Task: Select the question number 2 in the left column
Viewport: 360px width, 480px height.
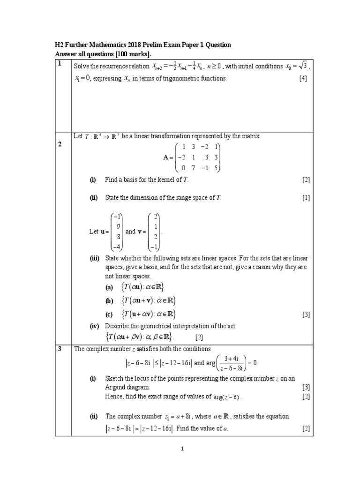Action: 60,144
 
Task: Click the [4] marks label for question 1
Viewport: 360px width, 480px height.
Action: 303,79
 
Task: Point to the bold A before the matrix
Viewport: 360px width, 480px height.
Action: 164,158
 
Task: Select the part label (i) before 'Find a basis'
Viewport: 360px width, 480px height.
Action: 93,180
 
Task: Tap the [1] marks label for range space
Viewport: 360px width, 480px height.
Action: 306,198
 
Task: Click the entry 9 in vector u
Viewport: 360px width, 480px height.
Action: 119,226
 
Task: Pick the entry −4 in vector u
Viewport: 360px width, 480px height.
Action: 118,247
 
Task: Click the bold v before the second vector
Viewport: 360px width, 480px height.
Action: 140,232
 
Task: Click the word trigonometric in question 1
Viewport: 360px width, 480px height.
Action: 181,79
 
